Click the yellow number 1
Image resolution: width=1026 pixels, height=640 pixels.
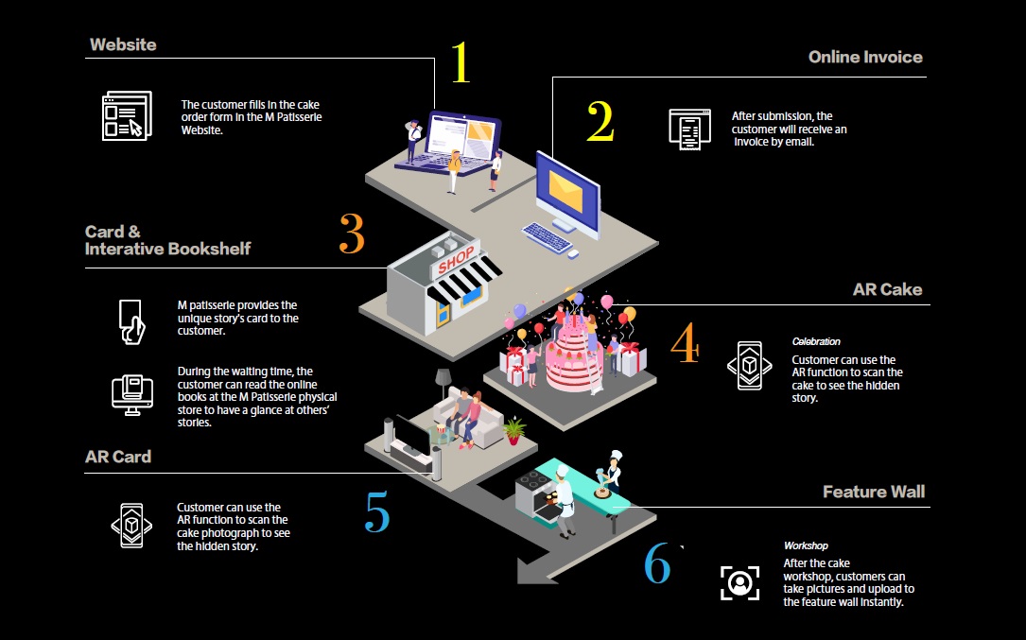[x=460, y=62]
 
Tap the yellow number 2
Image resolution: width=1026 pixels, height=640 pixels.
[x=600, y=121]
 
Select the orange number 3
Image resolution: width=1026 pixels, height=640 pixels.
[x=352, y=234]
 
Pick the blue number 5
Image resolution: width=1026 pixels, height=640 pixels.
[x=376, y=512]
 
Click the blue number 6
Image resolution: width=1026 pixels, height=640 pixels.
[x=657, y=563]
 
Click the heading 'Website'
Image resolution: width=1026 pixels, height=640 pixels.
[x=123, y=44]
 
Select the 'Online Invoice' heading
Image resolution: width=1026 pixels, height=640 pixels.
[x=865, y=57]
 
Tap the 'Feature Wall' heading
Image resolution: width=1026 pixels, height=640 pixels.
[x=874, y=492]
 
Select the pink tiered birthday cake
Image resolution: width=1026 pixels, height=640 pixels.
[x=574, y=355]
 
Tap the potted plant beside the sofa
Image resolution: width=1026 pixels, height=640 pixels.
[x=513, y=431]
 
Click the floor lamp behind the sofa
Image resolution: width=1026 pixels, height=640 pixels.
[x=443, y=382]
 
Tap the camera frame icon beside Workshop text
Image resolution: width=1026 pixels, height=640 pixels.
[x=739, y=581]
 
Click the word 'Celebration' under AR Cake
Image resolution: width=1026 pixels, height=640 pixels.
[x=816, y=341]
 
